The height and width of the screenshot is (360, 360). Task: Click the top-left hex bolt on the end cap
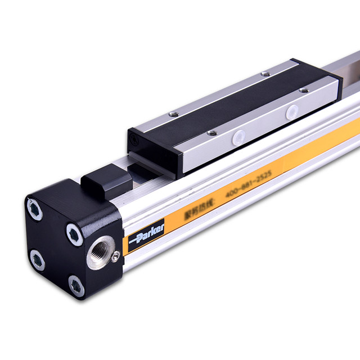coord(35,209)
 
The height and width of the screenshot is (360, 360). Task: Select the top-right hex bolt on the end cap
coord(74,231)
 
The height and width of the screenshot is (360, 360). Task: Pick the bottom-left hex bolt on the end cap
coord(37,259)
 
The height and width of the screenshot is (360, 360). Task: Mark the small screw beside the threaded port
coord(115,256)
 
